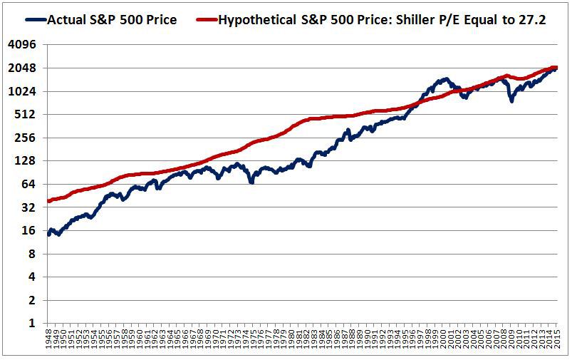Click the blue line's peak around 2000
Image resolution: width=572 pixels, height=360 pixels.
coord(445,79)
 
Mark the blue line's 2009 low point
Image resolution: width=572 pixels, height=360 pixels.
coord(511,101)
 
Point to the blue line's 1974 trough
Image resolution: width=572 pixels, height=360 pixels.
coord(251,182)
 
